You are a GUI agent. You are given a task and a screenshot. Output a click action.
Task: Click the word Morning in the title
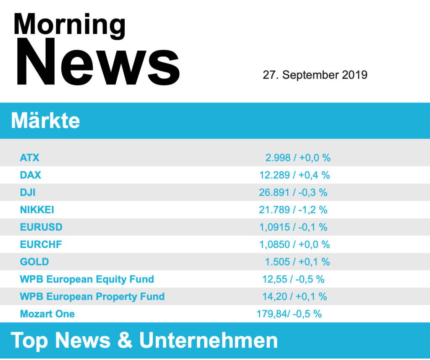69,24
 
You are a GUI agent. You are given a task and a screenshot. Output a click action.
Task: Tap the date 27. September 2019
315,75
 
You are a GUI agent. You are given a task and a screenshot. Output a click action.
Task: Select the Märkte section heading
45,121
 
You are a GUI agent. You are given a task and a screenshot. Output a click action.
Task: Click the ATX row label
29,158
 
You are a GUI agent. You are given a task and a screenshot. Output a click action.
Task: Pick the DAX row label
31,175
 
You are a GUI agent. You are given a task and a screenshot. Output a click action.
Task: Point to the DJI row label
28,193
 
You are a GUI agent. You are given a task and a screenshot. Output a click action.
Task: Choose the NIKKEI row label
37,210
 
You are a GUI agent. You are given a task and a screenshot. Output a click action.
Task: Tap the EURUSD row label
41,227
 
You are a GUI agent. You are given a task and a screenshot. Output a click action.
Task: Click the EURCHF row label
41,244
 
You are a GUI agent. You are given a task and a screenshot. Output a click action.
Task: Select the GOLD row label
34,262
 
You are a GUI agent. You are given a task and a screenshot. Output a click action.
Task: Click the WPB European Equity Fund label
87,279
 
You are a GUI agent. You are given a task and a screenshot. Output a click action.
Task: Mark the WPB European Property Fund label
92,297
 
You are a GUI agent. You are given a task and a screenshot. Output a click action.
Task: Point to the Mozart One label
47,314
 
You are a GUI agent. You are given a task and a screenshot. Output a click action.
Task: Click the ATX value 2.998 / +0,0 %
298,158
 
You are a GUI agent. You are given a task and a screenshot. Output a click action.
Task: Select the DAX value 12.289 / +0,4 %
294,175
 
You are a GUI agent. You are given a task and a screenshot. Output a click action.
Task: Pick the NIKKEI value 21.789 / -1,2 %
293,210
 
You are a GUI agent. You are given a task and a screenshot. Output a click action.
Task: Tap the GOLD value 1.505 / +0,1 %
297,262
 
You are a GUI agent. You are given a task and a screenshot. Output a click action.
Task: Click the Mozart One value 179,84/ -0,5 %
289,314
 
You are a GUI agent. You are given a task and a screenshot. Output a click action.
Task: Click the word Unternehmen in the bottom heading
208,340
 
